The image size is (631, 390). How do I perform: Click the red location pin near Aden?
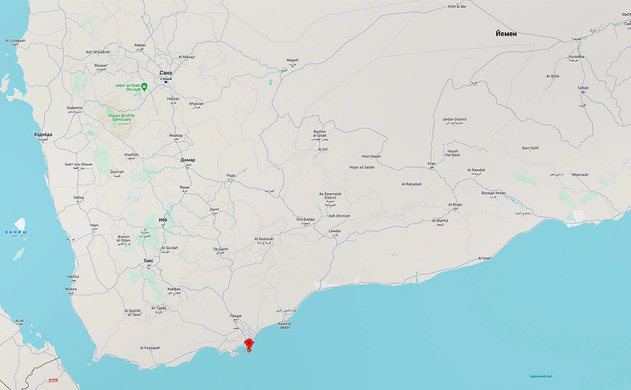click(249, 343)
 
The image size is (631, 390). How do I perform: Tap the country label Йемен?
click(506, 34)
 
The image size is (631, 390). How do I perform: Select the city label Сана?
click(166, 73)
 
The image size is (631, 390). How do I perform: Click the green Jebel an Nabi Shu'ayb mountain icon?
click(144, 86)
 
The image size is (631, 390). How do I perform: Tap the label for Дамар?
click(188, 160)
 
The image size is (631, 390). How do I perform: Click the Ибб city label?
click(163, 220)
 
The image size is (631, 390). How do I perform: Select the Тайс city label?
click(149, 261)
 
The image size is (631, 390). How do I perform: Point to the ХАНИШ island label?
click(15, 232)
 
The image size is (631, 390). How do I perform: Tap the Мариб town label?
click(292, 60)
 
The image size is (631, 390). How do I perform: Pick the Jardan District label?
click(455, 119)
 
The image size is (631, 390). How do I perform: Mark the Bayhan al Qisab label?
click(320, 134)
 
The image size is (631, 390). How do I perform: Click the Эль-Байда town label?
click(305, 219)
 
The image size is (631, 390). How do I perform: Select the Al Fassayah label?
click(150, 348)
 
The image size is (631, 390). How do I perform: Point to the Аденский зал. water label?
click(541, 376)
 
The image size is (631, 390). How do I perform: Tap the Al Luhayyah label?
click(16, 41)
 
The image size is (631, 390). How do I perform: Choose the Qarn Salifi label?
click(530, 148)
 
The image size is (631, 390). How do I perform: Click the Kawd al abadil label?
click(284, 324)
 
